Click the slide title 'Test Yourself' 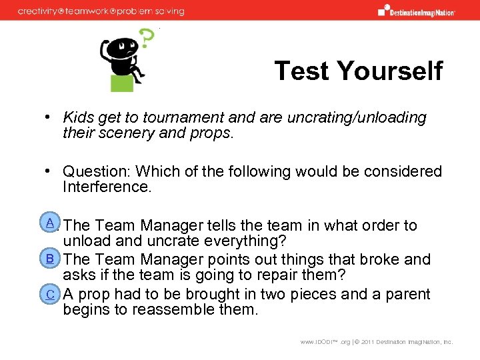click(358, 71)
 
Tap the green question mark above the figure click(145, 39)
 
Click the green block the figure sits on click(123, 83)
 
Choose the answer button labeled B click(50, 258)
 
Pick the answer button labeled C click(50, 293)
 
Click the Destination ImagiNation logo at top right click(416, 10)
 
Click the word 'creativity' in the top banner click(40, 11)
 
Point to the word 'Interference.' click(107, 187)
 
